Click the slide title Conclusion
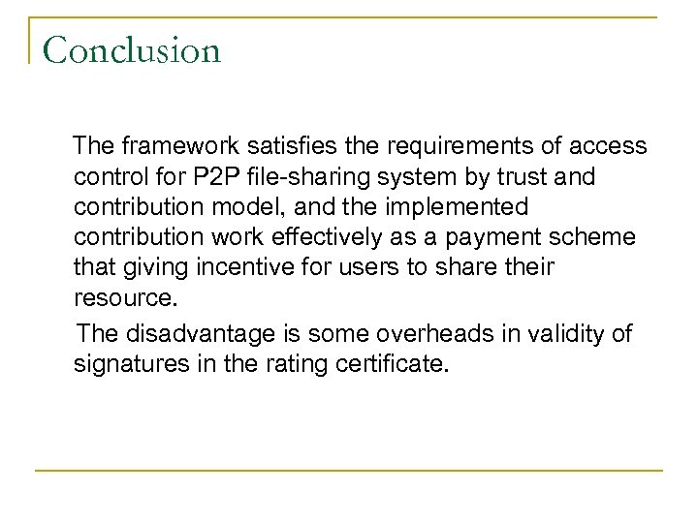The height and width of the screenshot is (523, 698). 132,49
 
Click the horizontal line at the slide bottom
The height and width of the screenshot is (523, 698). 349,472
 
